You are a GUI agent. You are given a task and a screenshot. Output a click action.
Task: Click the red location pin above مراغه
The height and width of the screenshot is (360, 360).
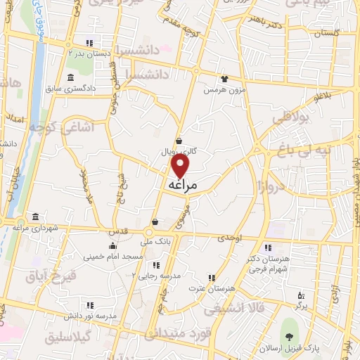click(181, 166)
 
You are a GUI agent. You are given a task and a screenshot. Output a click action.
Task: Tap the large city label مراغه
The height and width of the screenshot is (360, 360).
click(181, 184)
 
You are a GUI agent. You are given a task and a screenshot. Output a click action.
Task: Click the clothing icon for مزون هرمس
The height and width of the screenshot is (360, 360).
click(224, 79)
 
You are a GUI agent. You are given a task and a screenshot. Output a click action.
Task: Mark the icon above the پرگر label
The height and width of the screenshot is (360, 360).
click(301, 295)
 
